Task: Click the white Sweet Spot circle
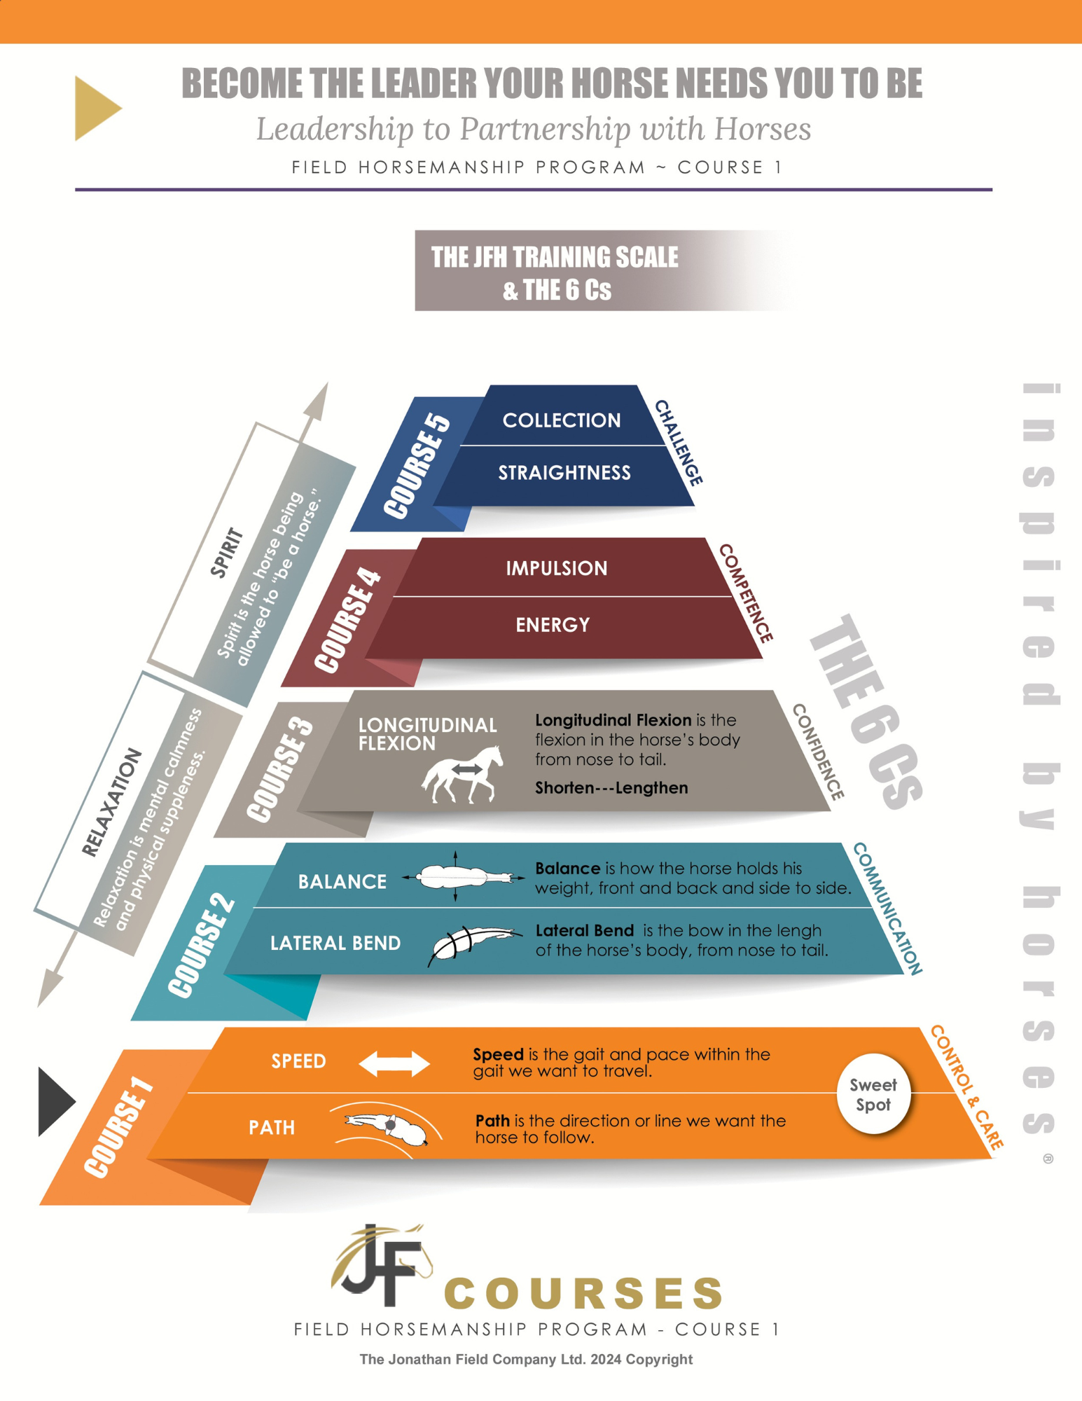(x=873, y=1093)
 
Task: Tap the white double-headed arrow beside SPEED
(x=394, y=1063)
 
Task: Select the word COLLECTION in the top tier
(x=561, y=420)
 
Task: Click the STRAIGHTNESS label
(x=564, y=473)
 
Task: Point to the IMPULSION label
(x=557, y=568)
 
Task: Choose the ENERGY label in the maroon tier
(x=553, y=625)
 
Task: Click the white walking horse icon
(x=463, y=774)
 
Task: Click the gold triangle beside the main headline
(x=97, y=109)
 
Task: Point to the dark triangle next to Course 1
(x=55, y=1101)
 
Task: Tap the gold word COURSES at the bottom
(x=583, y=1293)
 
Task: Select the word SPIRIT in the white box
(x=227, y=553)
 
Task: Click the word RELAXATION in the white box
(x=112, y=803)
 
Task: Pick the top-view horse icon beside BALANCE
(x=462, y=876)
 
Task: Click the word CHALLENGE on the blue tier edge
(x=678, y=443)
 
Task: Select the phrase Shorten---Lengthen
(x=611, y=788)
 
